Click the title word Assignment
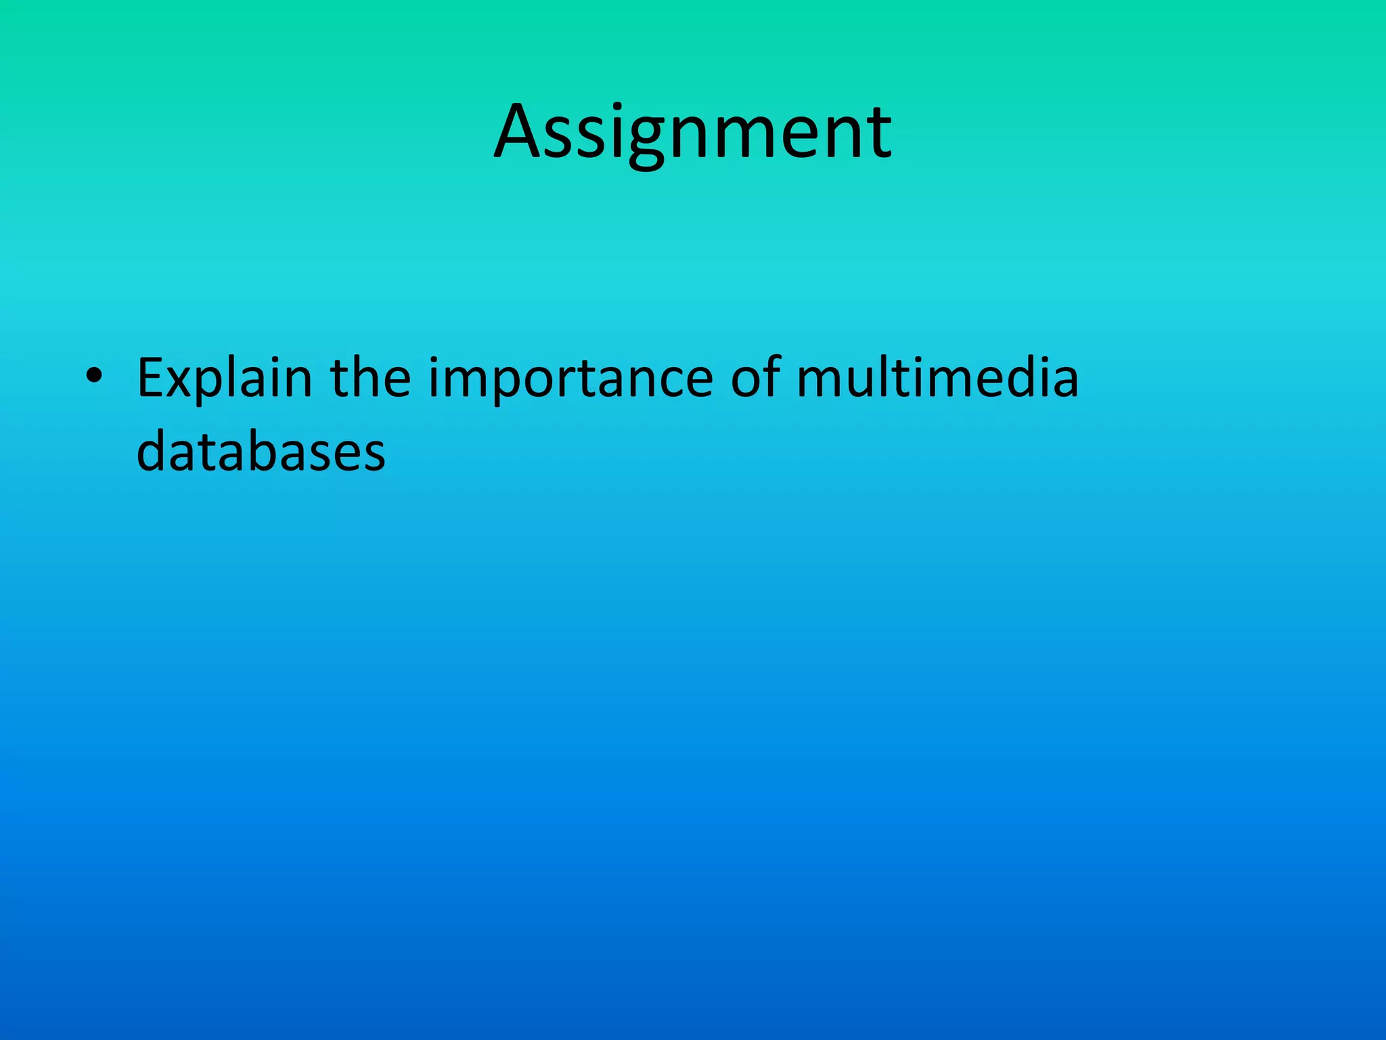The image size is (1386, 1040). [x=693, y=132]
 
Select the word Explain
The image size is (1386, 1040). [x=225, y=379]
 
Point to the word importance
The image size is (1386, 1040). [x=571, y=379]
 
